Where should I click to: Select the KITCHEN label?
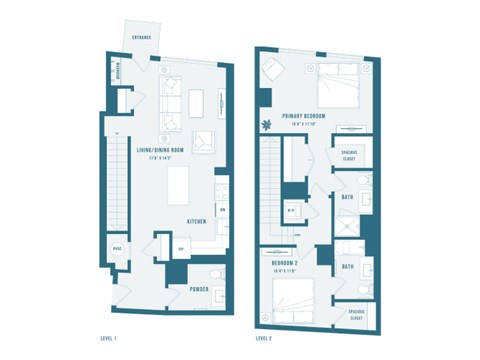[196, 222]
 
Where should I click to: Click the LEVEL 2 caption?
[264, 338]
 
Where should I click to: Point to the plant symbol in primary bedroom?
[267, 126]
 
